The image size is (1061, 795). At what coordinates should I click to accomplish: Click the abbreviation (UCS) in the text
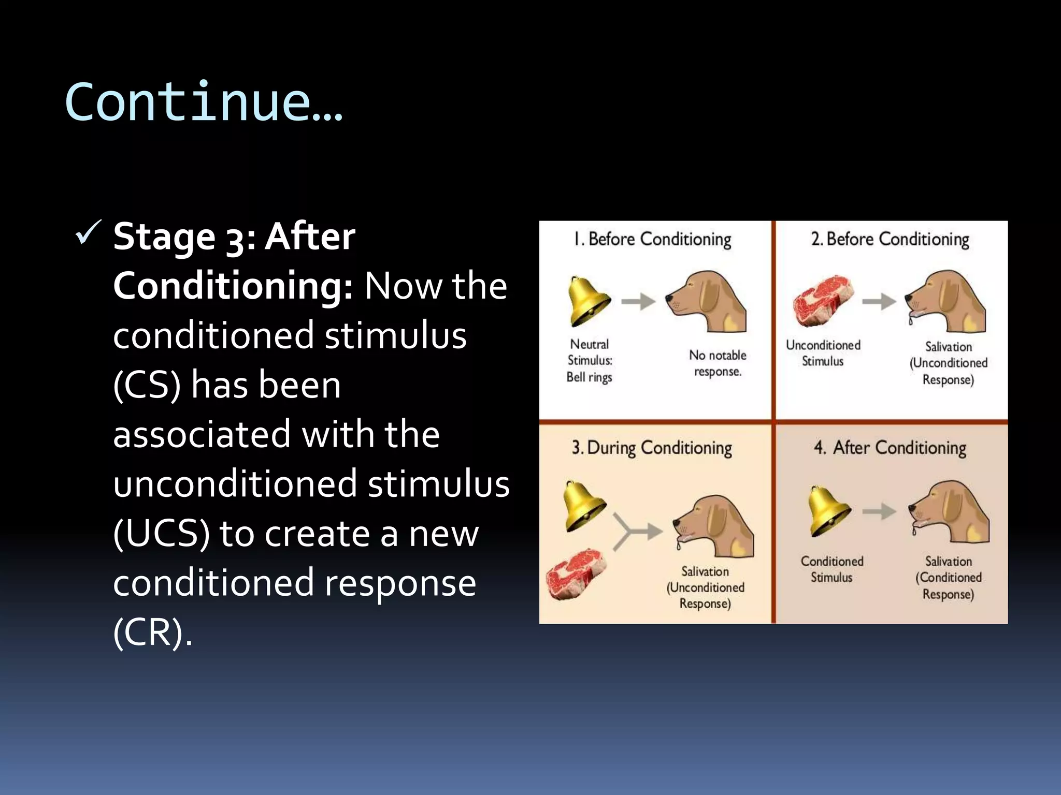162,534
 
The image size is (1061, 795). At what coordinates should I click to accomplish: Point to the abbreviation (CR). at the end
152,632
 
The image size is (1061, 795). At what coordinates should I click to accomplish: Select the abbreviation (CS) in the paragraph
147,385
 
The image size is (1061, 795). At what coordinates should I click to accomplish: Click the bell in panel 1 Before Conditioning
588,301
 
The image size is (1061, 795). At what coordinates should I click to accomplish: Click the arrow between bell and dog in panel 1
638,301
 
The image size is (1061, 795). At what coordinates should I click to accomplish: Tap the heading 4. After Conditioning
890,448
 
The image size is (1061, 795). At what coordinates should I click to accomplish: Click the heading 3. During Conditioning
652,448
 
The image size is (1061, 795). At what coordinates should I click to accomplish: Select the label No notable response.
718,363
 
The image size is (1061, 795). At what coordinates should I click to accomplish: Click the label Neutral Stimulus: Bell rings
590,360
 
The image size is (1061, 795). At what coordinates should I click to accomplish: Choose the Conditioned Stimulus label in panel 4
831,569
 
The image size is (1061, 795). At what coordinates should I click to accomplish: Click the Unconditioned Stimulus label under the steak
823,353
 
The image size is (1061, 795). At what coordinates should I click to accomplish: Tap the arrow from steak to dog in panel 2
879,301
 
